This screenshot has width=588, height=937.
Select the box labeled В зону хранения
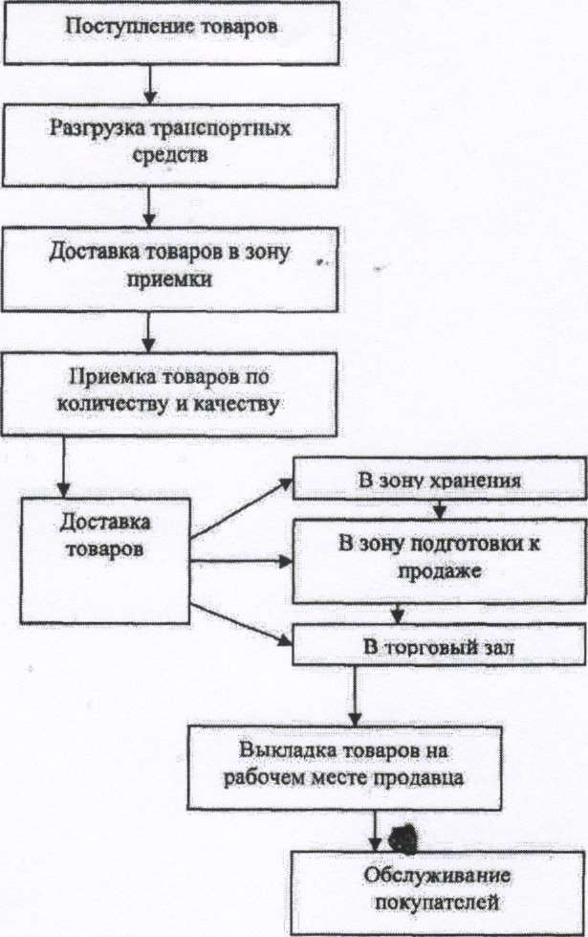click(440, 480)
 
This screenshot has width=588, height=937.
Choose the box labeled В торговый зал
click(440, 647)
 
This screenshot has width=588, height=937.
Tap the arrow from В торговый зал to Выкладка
click(355, 693)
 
